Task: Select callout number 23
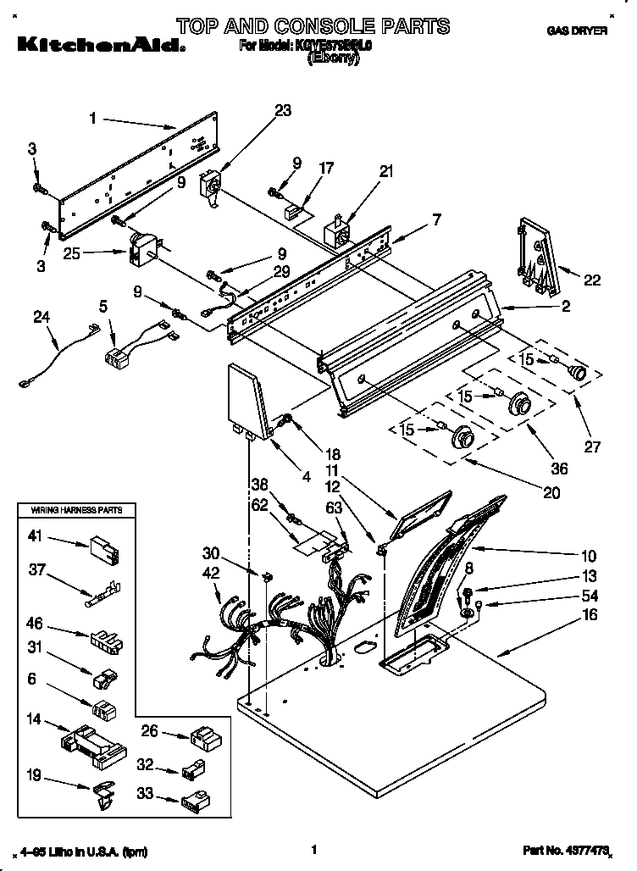click(283, 110)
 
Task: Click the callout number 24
click(42, 319)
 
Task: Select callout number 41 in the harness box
click(35, 536)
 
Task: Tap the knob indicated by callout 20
click(463, 438)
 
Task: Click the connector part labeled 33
click(194, 798)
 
